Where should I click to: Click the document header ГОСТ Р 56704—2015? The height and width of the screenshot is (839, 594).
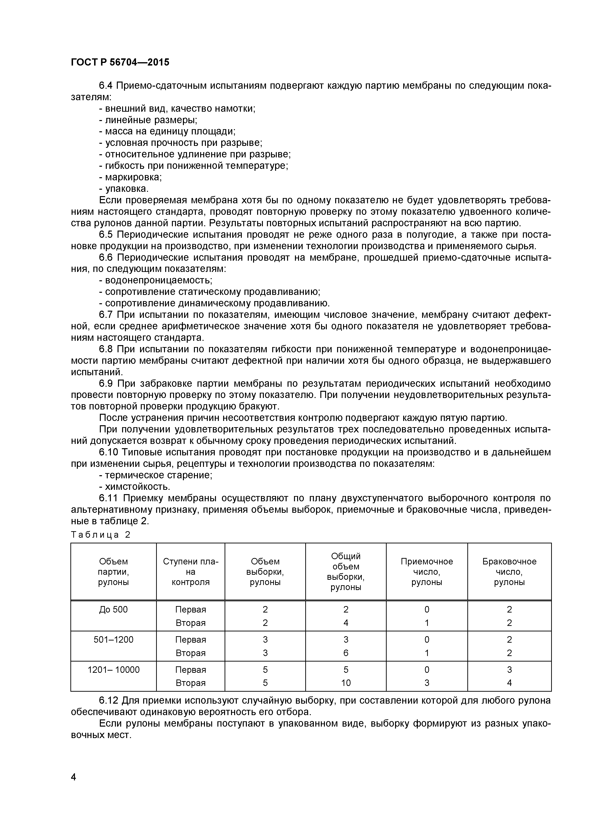(120, 62)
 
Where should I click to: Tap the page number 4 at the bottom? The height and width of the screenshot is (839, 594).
(74, 777)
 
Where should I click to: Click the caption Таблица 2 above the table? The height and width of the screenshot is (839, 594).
(101, 535)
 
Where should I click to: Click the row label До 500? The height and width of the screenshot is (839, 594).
(113, 609)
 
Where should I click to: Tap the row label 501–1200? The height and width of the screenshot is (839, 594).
(113, 640)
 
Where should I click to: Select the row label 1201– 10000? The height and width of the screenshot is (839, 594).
(113, 669)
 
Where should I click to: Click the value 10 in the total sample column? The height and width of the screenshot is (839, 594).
(346, 683)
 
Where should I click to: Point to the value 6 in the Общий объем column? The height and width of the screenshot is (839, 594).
(346, 653)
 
